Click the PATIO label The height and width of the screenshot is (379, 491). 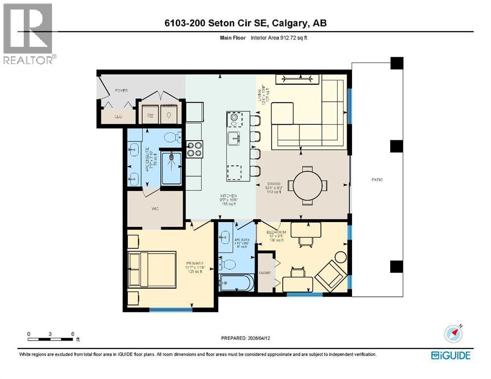[x=378, y=180]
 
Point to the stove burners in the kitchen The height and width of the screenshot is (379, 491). [x=194, y=149]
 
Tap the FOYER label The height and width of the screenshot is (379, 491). [x=121, y=91]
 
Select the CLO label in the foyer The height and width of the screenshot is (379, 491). [x=118, y=117]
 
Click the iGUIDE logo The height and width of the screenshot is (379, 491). [x=450, y=355]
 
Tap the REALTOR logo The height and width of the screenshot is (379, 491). [x=29, y=34]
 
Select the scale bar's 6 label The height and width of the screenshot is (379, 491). [x=73, y=334]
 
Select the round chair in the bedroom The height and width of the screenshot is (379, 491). [x=340, y=257]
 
